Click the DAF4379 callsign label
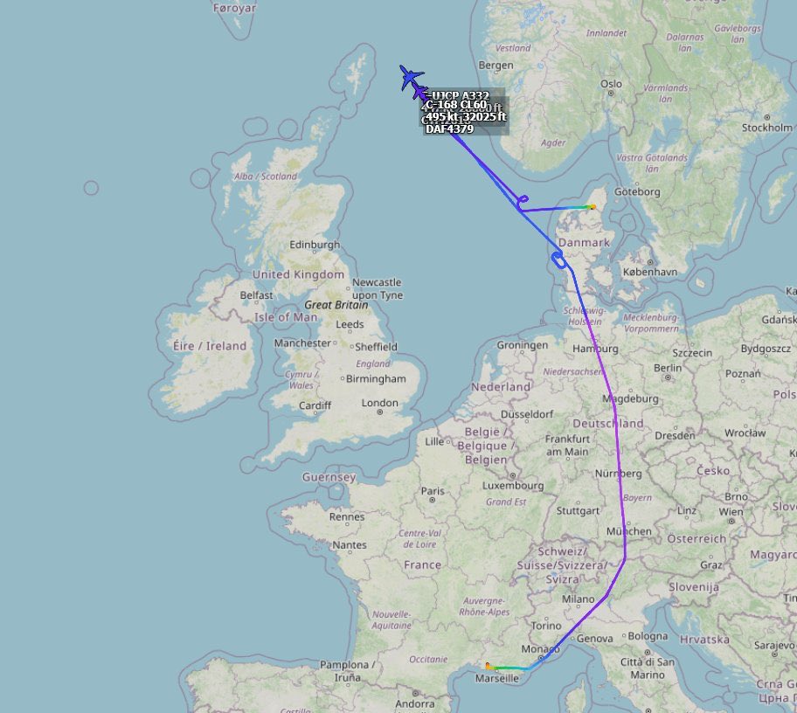click(449, 129)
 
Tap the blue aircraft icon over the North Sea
click(411, 77)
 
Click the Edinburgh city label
click(315, 245)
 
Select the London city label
click(380, 404)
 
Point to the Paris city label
click(432, 491)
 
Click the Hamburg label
click(595, 349)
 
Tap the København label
click(650, 272)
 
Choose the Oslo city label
click(611, 84)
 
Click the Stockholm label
click(766, 128)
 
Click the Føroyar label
click(235, 8)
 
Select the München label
click(629, 531)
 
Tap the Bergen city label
click(496, 66)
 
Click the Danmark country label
click(584, 242)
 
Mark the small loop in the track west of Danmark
click(558, 259)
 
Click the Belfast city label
click(256, 295)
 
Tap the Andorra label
click(415, 704)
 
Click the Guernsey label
click(329, 477)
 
